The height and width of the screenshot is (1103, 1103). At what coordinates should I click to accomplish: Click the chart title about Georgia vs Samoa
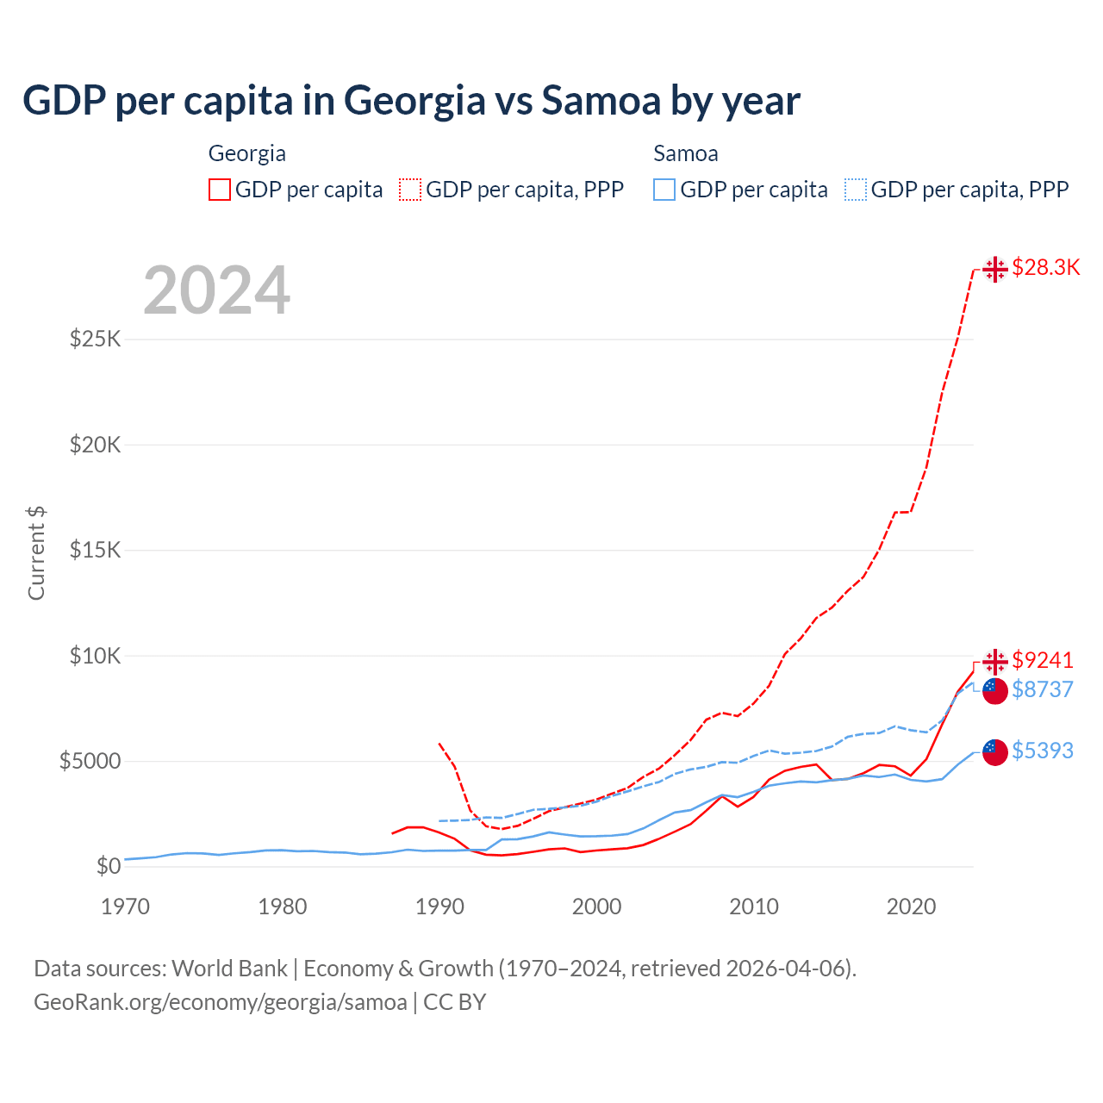point(411,101)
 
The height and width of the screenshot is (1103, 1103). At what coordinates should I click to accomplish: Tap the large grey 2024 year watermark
point(216,291)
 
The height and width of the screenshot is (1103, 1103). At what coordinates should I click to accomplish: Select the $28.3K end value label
point(1045,267)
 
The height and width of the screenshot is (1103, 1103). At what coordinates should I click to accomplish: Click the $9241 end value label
point(1042,660)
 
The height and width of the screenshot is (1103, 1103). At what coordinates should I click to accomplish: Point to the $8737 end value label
point(1042,689)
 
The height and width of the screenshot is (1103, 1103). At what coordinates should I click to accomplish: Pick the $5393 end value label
point(1042,751)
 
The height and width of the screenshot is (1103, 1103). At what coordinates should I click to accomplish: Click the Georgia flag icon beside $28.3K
point(995,269)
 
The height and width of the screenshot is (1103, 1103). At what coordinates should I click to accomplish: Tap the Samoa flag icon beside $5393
point(995,751)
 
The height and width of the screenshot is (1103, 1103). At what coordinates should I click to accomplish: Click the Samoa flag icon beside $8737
point(995,690)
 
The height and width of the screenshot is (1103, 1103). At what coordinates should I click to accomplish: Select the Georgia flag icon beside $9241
point(995,661)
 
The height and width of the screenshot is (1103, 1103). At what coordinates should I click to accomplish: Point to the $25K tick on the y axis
point(95,339)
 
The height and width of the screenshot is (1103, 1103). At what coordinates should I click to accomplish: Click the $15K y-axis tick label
point(95,550)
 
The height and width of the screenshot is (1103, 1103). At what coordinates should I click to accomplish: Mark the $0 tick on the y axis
point(108,866)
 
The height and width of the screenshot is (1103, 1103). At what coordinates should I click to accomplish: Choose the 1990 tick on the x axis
point(439,907)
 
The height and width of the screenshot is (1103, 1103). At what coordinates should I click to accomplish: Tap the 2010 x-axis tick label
point(754,907)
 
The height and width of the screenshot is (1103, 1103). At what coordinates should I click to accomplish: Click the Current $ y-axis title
point(36,553)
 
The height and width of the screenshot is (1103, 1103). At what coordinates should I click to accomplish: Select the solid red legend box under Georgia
point(220,190)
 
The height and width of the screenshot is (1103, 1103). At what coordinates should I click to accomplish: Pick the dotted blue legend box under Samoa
point(856,190)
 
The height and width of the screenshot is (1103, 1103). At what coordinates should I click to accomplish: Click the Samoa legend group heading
point(685,153)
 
